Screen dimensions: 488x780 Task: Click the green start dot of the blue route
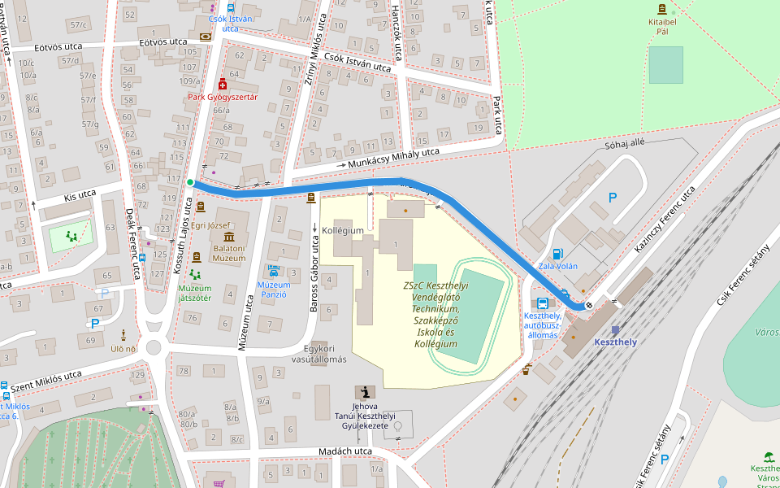(x=189, y=183)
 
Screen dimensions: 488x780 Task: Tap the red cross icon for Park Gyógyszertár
(x=222, y=84)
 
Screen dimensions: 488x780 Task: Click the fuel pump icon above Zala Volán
(x=557, y=254)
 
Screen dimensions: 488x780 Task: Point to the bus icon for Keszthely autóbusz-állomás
(x=542, y=303)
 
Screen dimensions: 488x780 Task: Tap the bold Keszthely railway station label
(x=614, y=342)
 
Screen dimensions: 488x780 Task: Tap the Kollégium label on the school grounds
(x=342, y=231)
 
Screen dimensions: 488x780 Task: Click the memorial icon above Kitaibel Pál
(x=661, y=9)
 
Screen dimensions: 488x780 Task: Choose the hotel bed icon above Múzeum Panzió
(x=274, y=272)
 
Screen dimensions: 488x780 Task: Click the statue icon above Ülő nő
(x=123, y=334)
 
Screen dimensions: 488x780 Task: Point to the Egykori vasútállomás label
(x=314, y=354)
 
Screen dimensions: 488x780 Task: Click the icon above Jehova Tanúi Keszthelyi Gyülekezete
(x=359, y=392)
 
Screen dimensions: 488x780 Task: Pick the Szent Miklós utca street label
(x=46, y=380)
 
